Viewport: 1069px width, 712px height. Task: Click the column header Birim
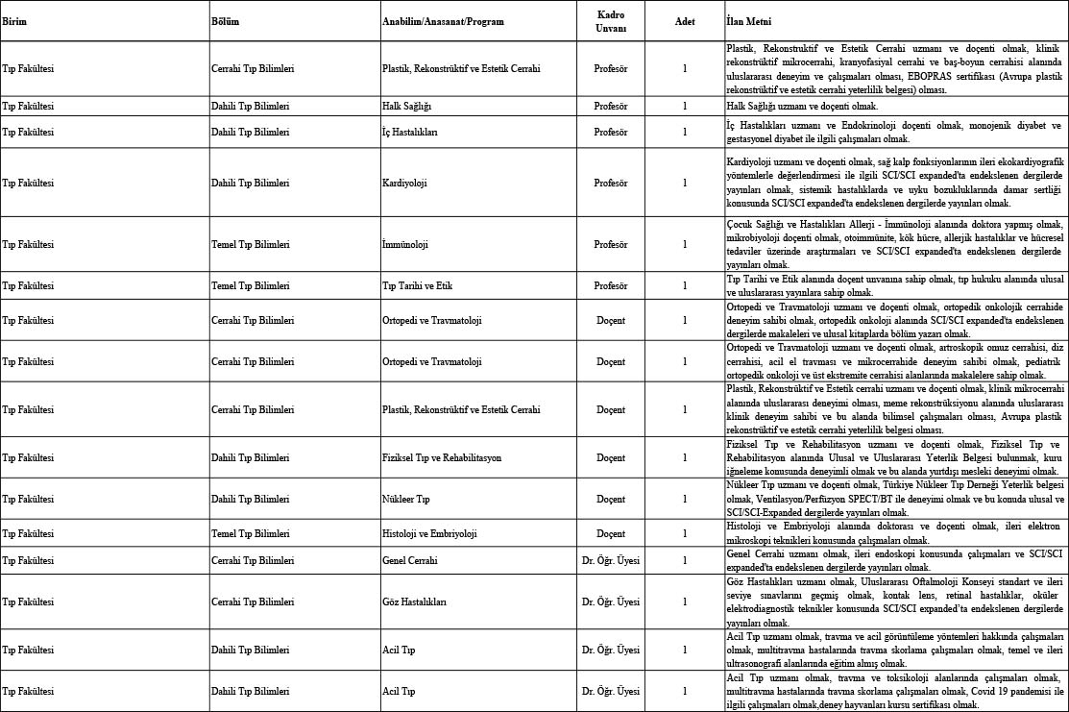tap(14, 21)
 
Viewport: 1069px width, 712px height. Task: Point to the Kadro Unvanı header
tap(611, 21)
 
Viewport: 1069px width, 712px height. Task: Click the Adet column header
tap(685, 21)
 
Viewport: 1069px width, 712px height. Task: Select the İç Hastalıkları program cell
tap(410, 131)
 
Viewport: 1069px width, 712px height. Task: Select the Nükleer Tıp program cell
tap(405, 500)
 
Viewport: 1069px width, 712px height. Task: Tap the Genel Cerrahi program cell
tap(410, 560)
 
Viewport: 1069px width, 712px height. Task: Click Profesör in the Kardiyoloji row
tap(611, 182)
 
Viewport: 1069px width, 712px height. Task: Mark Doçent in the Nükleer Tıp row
tap(611, 500)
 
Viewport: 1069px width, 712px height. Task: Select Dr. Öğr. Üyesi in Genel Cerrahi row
tap(611, 560)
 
